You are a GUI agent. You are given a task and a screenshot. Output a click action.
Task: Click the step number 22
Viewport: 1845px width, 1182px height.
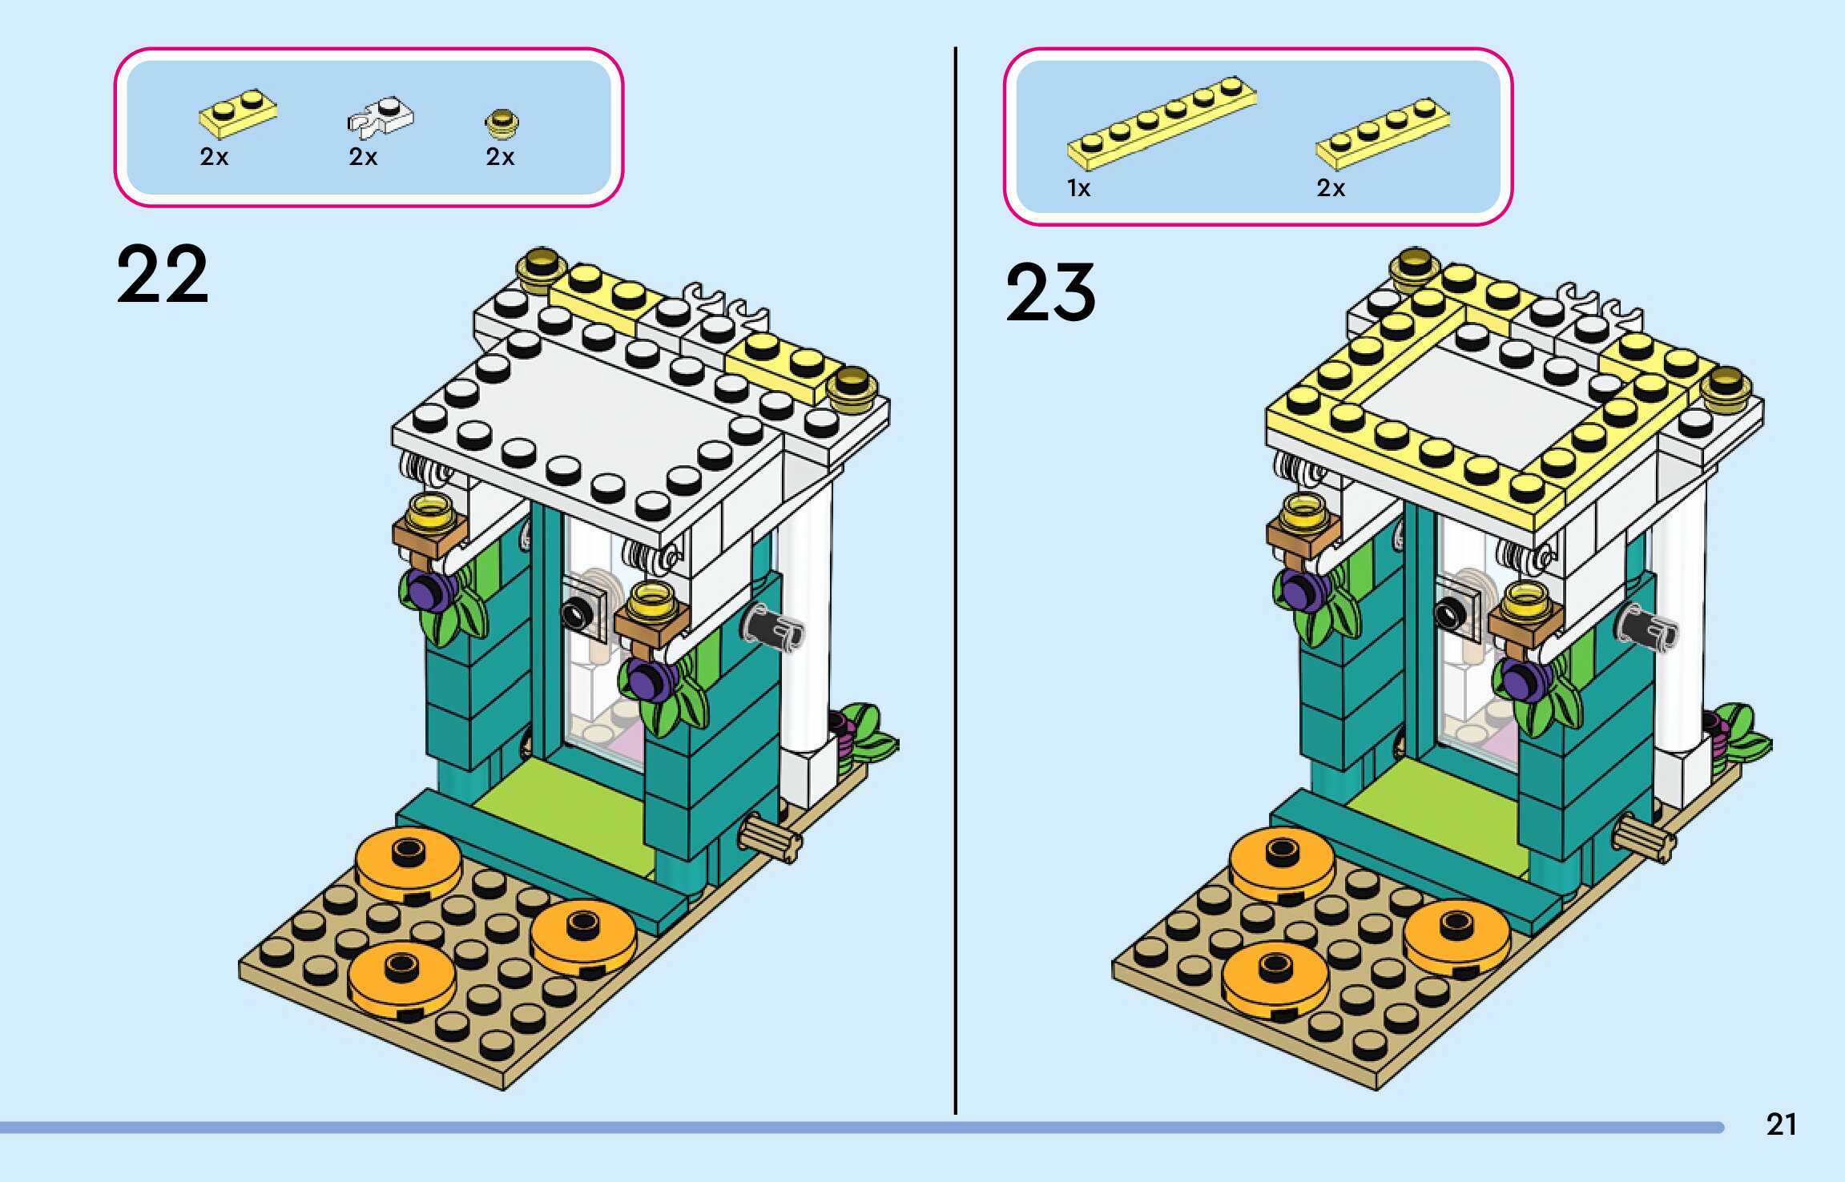click(163, 275)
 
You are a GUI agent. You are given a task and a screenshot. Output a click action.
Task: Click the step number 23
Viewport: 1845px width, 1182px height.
click(1050, 292)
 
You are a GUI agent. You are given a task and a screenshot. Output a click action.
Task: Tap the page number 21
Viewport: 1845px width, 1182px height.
click(1781, 1124)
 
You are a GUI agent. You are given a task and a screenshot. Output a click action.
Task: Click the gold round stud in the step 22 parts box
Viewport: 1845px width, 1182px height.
click(502, 123)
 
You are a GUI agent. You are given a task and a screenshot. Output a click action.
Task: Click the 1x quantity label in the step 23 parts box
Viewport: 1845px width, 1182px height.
click(1078, 188)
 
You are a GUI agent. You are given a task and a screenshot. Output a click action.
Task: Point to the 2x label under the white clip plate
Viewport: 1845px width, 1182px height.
click(363, 157)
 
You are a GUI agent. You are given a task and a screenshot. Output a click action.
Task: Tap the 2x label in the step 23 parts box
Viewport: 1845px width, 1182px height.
click(1331, 188)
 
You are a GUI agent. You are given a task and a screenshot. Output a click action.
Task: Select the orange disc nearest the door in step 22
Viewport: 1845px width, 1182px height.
click(409, 861)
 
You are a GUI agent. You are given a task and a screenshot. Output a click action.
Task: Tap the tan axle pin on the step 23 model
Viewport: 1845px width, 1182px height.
click(1643, 840)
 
